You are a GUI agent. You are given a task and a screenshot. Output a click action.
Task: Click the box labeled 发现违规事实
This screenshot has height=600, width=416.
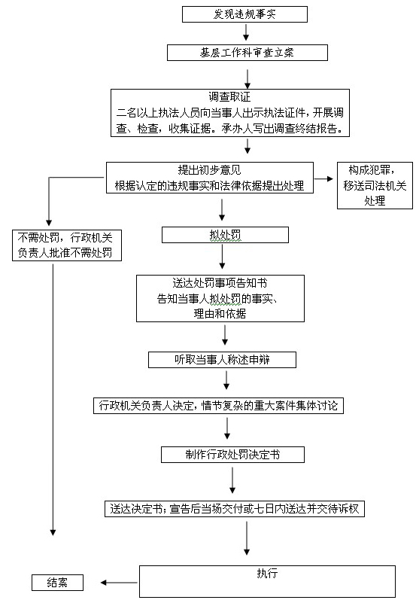pyautogui.click(x=244, y=14)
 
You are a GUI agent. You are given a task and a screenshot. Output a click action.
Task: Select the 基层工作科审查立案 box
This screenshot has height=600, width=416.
pyautogui.click(x=247, y=53)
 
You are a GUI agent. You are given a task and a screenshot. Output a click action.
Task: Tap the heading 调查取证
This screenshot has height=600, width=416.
pyautogui.click(x=229, y=97)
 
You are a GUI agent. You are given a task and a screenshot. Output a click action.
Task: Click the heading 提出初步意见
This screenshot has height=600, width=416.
pyautogui.click(x=210, y=169)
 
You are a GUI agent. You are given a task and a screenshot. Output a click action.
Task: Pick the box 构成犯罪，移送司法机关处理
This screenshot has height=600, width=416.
pyautogui.click(x=375, y=186)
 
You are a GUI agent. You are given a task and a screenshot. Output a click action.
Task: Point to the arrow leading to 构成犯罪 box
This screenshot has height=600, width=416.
pyautogui.click(x=324, y=178)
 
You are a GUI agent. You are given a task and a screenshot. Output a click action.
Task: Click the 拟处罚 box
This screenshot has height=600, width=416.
pyautogui.click(x=225, y=235)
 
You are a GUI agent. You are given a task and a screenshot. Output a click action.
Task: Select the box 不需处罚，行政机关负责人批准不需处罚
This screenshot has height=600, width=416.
pyautogui.click(x=67, y=245)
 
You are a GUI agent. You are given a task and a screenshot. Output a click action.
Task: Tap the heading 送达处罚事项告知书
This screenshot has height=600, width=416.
pyautogui.click(x=220, y=283)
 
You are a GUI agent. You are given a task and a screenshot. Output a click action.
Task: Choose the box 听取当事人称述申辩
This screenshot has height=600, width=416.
pyautogui.click(x=222, y=360)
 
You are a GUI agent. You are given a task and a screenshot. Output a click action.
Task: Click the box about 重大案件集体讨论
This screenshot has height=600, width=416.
pyautogui.click(x=218, y=406)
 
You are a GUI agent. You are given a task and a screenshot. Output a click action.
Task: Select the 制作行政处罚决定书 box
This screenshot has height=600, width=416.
pyautogui.click(x=232, y=455)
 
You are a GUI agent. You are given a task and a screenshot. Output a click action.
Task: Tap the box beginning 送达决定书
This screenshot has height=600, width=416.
pyautogui.click(x=235, y=509)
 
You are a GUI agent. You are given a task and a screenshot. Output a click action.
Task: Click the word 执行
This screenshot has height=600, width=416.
pyautogui.click(x=267, y=573)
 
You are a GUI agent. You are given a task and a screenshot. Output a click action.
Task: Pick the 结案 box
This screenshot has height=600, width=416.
pyautogui.click(x=57, y=583)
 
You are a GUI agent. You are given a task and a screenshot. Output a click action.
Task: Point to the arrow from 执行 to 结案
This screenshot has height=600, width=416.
pyautogui.click(x=119, y=583)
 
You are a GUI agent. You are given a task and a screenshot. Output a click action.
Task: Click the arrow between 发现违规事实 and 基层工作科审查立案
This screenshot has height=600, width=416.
pyautogui.click(x=246, y=32)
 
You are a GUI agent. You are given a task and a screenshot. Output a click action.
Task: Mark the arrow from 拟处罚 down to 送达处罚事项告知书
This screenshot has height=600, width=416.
pyautogui.click(x=222, y=257)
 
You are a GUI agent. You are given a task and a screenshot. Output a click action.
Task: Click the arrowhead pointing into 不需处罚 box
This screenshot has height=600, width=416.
pyautogui.click(x=49, y=222)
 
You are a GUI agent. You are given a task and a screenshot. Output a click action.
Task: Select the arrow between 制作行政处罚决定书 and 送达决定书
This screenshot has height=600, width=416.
pyautogui.click(x=232, y=480)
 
